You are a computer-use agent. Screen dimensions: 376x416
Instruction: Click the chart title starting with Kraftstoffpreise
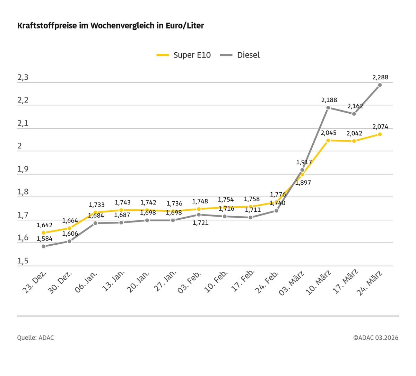(x=111, y=26)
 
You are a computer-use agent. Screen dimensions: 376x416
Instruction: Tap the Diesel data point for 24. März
(x=380, y=85)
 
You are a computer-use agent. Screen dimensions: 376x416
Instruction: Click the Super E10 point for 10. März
(x=328, y=140)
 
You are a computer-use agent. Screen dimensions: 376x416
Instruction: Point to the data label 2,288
(x=380, y=77)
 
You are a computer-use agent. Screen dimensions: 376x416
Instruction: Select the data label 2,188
(x=329, y=100)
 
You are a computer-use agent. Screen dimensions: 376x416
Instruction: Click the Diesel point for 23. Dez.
(x=44, y=246)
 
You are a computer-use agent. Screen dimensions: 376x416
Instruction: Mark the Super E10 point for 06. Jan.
(x=95, y=212)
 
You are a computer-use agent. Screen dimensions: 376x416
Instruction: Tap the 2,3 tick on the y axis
(x=23, y=78)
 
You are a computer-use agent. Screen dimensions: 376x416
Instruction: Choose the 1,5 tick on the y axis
(x=23, y=261)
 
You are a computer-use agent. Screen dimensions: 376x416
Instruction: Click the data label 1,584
(x=44, y=239)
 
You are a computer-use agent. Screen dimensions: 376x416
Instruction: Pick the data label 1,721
(x=201, y=223)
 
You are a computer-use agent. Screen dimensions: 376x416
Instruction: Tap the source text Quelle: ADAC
(x=36, y=338)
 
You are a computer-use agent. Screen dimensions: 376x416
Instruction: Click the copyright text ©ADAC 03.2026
(x=376, y=338)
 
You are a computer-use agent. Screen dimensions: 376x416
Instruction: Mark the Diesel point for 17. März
(x=354, y=114)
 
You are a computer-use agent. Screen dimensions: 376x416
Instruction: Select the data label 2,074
(x=380, y=127)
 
